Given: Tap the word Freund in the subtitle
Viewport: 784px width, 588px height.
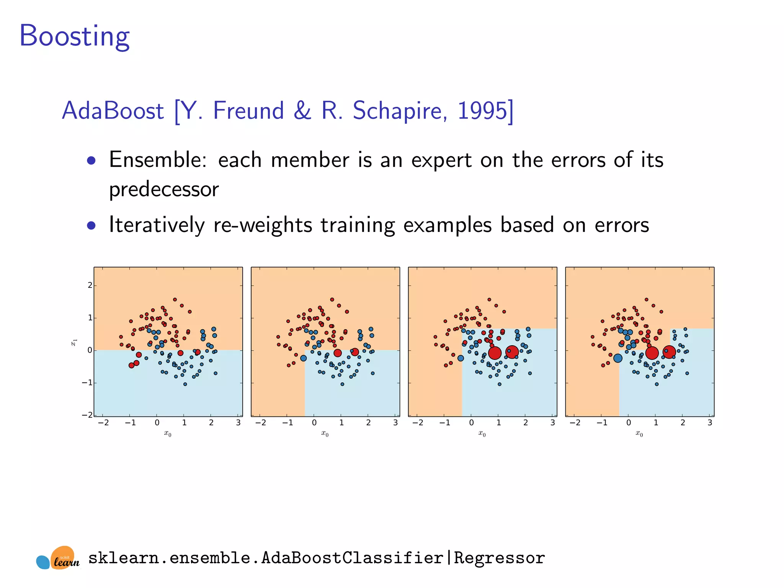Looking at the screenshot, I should click(x=248, y=111).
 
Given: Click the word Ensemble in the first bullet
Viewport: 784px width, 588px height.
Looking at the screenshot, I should click(x=157, y=160).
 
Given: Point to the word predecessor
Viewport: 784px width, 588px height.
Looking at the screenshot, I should click(x=164, y=189).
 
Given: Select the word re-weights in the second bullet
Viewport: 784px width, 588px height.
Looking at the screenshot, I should click(x=263, y=225).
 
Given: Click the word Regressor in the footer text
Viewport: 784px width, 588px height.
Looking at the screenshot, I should click(x=499, y=558).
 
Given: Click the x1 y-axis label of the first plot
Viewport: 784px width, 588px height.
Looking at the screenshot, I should click(x=74, y=342).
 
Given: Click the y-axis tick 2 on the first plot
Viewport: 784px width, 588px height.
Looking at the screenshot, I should click(x=90, y=285).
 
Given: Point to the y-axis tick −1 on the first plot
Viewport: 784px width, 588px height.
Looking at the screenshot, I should click(x=87, y=383).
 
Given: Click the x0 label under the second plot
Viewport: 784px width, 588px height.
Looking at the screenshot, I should click(x=325, y=433).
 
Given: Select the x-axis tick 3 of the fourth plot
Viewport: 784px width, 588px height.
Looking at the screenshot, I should click(x=710, y=423).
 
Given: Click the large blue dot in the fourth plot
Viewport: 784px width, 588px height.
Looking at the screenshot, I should click(x=618, y=358).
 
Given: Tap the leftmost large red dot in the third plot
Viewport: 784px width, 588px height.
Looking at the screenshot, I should click(x=495, y=353).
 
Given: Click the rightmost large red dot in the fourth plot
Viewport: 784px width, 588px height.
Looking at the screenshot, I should click(x=669, y=352).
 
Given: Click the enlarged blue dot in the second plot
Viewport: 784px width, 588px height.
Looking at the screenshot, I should click(x=304, y=358).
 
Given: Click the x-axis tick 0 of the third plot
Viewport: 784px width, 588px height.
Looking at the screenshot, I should click(x=472, y=423).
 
